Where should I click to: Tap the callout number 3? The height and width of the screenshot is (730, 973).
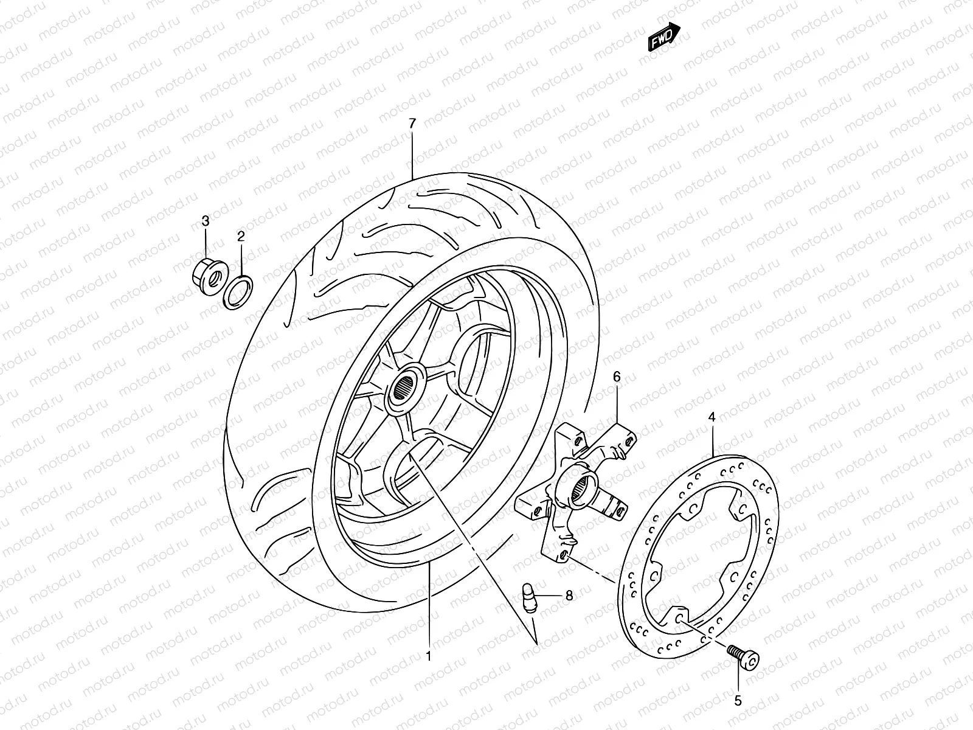[x=206, y=220]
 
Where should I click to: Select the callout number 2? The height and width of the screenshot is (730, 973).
[x=241, y=236]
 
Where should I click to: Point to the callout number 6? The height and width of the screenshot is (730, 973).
[x=617, y=378]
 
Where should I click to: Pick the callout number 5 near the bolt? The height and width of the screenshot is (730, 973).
[x=738, y=701]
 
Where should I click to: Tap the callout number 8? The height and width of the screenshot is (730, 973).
[x=569, y=596]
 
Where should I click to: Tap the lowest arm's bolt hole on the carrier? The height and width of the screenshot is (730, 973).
[x=564, y=555]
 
